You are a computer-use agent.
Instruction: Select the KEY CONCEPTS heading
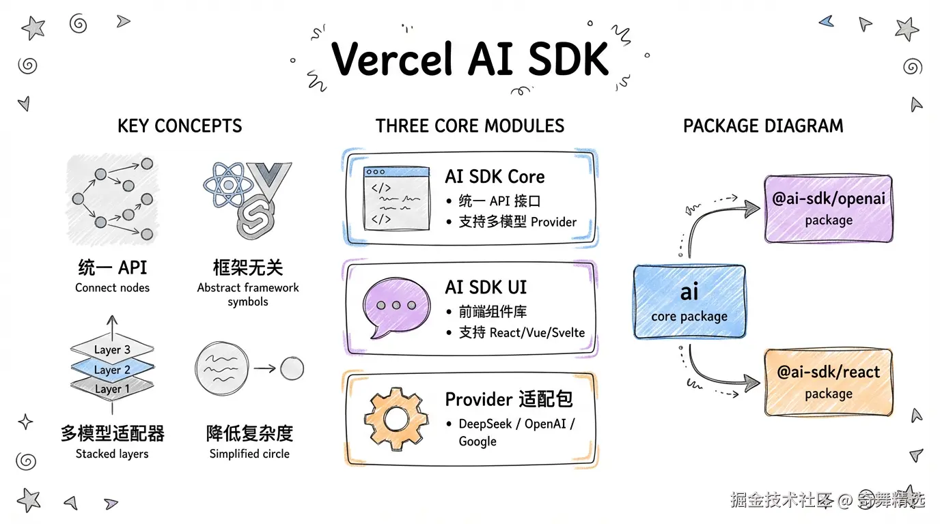coord(180,126)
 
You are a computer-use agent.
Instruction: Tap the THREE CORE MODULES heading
coord(470,126)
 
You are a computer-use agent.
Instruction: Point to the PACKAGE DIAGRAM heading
coord(763,126)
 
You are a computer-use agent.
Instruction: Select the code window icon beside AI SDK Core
coord(396,198)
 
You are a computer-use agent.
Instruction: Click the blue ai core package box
coord(689,302)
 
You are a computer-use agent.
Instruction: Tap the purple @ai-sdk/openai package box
coord(828,208)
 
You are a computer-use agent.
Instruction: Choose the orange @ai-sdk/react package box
coord(828,381)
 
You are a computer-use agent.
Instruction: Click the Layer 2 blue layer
coord(113,370)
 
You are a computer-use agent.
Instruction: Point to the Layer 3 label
coord(113,350)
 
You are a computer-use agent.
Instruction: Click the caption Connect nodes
coord(113,288)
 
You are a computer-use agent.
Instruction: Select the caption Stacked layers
coord(112,454)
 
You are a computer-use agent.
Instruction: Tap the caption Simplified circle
coord(249,454)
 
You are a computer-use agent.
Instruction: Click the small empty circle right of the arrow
coord(292,369)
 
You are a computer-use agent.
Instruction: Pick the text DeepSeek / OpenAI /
coord(516,424)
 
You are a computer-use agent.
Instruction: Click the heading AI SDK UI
coord(486,287)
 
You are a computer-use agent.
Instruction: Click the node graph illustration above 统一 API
coord(113,199)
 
